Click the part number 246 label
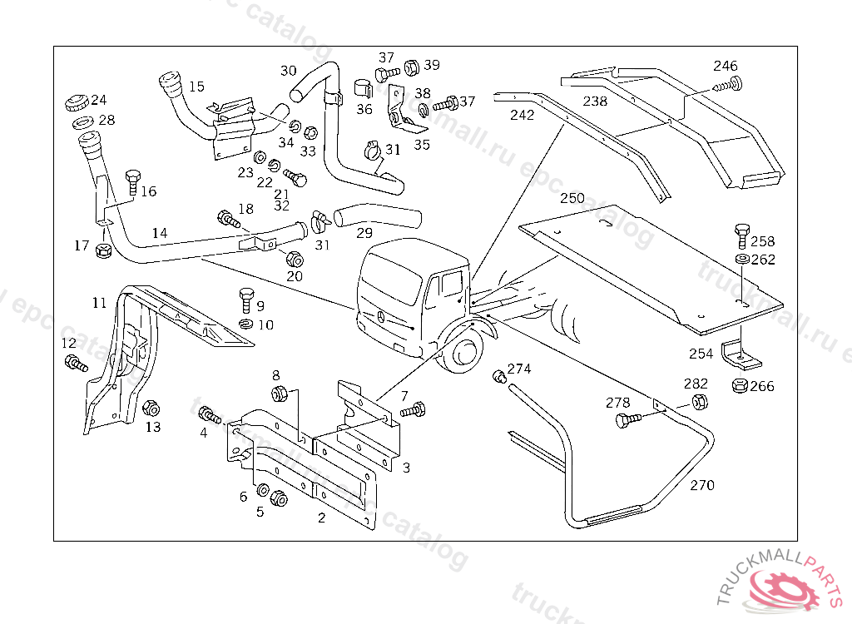pos(725,66)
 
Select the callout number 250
pos(572,198)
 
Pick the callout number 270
pos(701,485)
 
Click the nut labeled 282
pos(699,402)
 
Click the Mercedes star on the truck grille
pos(379,317)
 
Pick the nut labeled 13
pos(151,408)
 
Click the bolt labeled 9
pos(245,298)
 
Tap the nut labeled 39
pos(412,66)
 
